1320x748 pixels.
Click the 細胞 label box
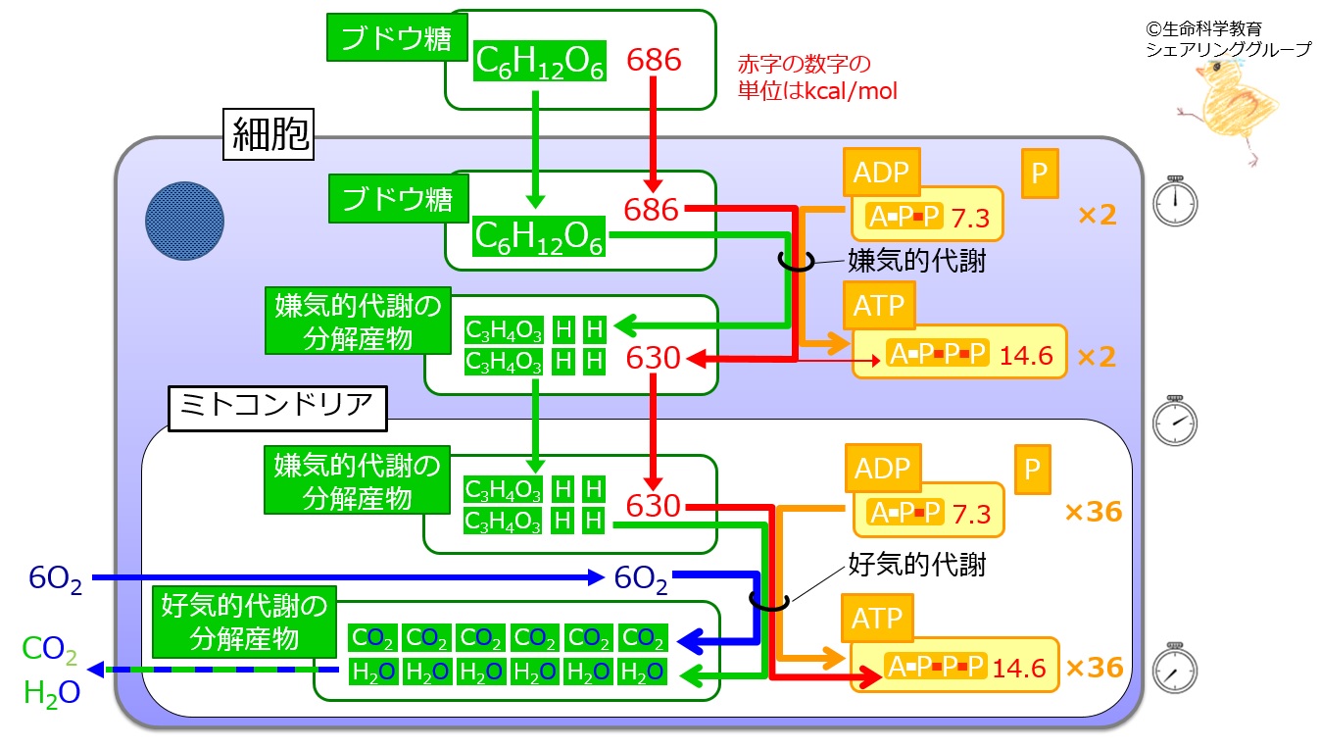[269, 134]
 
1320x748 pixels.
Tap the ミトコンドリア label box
[277, 409]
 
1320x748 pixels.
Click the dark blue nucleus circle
[184, 221]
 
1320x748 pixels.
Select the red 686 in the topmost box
[654, 60]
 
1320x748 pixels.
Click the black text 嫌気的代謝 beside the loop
[916, 261]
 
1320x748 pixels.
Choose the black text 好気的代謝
[916, 565]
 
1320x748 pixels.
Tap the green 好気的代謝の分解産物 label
[244, 622]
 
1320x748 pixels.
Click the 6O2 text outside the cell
[56, 578]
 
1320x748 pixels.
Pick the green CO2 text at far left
[50, 649]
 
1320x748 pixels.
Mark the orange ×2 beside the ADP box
[1098, 215]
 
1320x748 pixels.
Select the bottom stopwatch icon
[1175, 668]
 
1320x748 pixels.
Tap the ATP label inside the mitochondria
[877, 619]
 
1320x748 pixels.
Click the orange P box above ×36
[1033, 470]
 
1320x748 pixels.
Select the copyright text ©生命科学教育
[1203, 28]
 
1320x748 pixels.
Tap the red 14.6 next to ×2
[1026, 356]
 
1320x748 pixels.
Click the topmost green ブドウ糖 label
[397, 37]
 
